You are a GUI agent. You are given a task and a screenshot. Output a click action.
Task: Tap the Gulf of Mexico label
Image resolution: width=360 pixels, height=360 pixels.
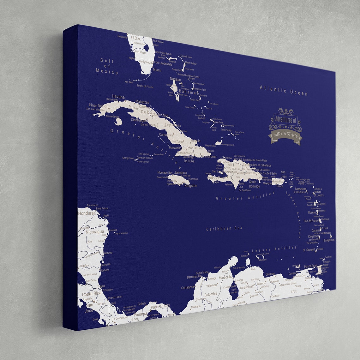point(107,66)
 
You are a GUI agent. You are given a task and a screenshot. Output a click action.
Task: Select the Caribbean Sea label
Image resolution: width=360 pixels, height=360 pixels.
point(224,228)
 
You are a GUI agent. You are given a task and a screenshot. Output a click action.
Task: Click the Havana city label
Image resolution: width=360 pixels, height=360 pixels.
point(118,97)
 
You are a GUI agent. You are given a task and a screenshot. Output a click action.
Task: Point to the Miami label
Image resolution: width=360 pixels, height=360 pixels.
point(157,70)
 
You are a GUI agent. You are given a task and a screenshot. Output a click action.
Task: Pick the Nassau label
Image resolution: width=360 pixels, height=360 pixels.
point(175,79)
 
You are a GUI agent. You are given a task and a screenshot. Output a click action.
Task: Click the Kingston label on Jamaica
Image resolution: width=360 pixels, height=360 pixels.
point(191,186)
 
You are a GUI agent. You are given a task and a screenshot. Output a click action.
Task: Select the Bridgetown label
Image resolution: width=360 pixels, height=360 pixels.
point(329,240)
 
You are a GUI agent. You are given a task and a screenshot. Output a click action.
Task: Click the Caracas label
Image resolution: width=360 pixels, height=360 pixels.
point(270,274)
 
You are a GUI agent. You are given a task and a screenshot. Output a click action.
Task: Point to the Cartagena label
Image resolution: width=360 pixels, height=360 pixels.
point(188,287)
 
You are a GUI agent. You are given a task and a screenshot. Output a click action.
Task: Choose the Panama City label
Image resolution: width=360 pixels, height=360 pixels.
point(160,306)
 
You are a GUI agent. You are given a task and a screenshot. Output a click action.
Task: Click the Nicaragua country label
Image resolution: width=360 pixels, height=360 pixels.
point(94,232)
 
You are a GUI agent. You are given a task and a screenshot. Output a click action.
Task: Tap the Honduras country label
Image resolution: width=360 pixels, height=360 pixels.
point(87,213)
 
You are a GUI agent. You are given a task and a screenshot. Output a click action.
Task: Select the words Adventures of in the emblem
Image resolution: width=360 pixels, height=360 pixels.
point(285,119)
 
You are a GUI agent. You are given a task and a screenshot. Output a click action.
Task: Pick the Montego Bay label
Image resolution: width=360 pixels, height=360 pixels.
point(165,173)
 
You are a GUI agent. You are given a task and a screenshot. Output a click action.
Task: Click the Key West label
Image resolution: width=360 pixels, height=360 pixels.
point(129,82)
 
